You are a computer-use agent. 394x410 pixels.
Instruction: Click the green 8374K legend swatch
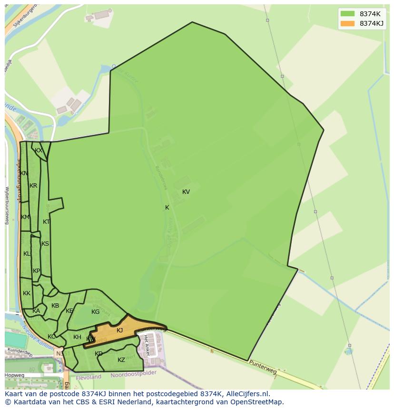[348, 14]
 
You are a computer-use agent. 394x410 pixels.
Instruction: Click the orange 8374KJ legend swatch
[348, 23]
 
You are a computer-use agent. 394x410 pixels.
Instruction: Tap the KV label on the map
[186, 192]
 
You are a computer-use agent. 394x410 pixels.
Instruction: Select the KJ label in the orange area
[120, 330]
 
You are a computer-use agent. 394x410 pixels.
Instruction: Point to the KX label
[39, 150]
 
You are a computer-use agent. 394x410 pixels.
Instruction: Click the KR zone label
[33, 186]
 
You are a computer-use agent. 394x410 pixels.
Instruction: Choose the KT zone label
[46, 222]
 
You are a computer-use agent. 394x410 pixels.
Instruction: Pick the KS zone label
[45, 244]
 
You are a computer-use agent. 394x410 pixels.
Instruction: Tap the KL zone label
[27, 254]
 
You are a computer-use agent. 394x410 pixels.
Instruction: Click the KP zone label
[37, 271]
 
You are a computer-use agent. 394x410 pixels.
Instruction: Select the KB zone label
[55, 306]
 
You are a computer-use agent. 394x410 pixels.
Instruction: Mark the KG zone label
[95, 312]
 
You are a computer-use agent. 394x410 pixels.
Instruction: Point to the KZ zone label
[121, 360]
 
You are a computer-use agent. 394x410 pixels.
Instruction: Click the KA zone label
[36, 311]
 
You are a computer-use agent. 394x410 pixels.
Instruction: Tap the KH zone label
[77, 337]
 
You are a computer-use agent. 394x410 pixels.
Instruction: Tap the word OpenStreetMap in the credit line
[256, 402]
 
